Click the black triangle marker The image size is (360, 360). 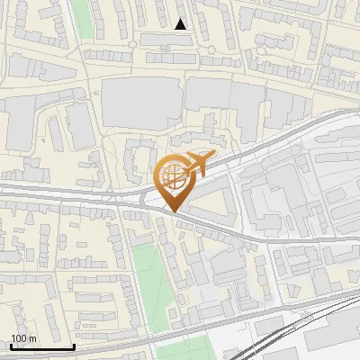tap(181, 24)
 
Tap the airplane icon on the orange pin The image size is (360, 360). tap(198, 164)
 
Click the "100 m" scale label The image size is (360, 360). tap(22, 338)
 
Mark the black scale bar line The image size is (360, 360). tap(41, 346)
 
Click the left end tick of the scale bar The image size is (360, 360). tap(10, 345)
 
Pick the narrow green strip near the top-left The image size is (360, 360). tap(82, 18)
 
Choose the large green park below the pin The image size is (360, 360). tap(149, 279)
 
